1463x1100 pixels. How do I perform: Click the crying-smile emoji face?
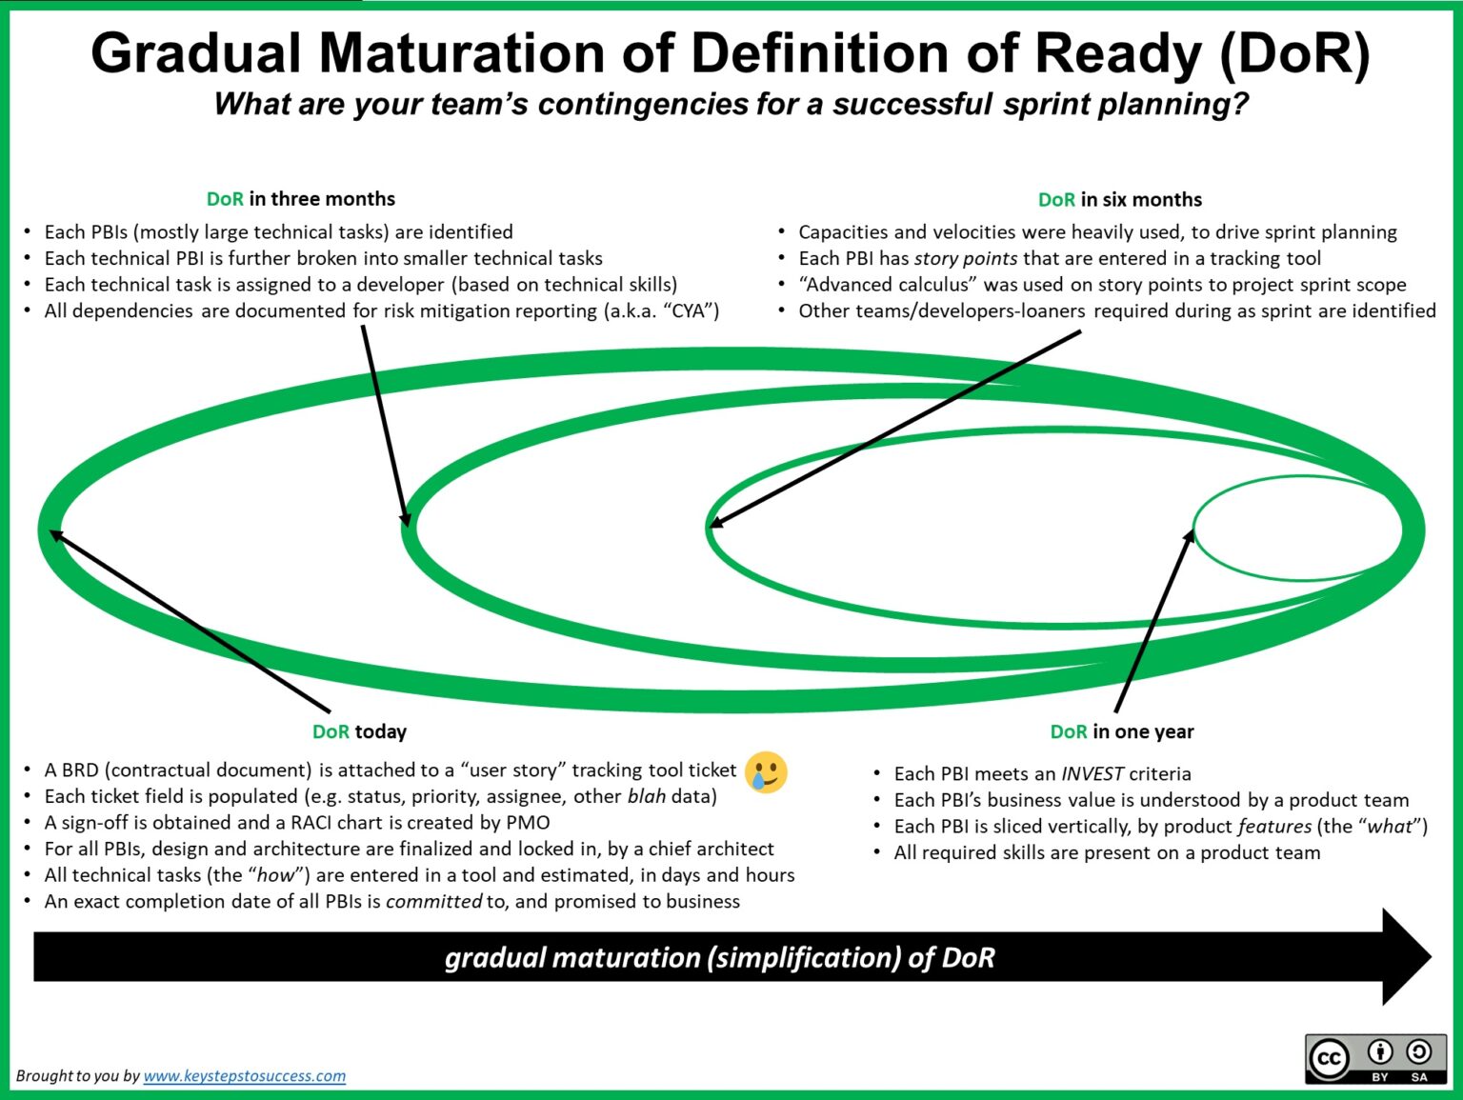[x=766, y=771]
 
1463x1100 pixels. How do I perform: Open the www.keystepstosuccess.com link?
[x=244, y=1076]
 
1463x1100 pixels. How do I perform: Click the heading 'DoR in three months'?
[x=301, y=199]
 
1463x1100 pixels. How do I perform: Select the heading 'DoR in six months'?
[x=1120, y=200]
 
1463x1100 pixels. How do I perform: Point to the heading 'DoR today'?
[x=359, y=731]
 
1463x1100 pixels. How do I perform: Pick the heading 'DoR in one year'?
[x=1121, y=731]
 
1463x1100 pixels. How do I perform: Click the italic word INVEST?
[x=1092, y=774]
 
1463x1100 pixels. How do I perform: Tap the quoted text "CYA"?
[x=691, y=311]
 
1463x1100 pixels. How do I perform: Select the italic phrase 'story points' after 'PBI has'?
[x=965, y=258]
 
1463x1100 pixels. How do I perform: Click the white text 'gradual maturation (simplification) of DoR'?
[x=719, y=957]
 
